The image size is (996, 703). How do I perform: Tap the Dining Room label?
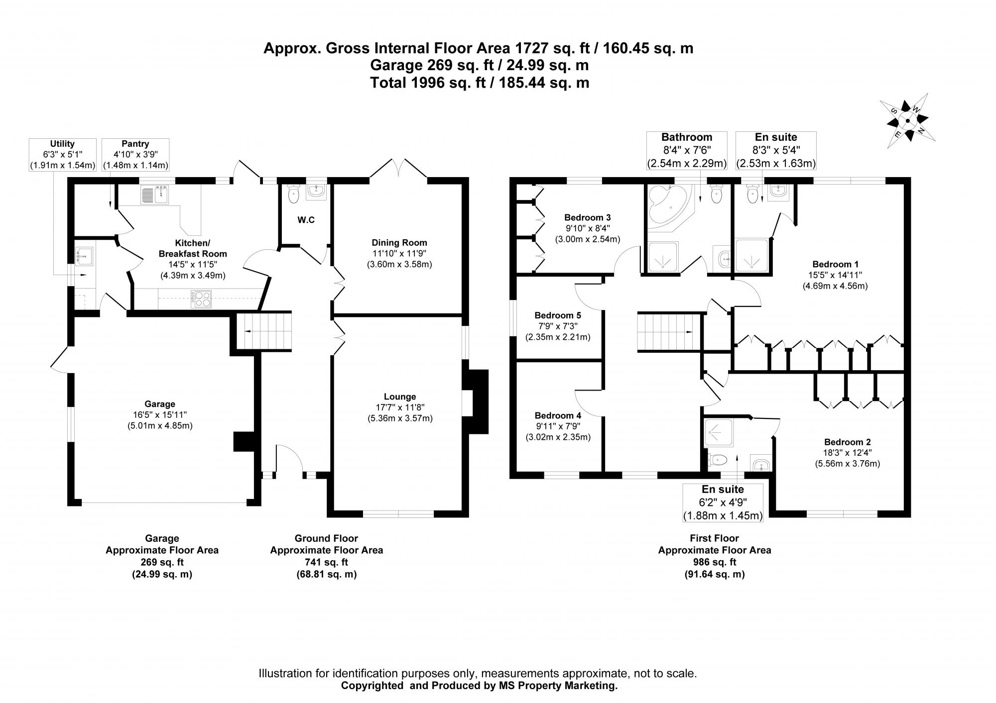[x=399, y=243]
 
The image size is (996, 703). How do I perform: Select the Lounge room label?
[x=399, y=397]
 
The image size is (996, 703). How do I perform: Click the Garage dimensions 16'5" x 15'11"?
[x=160, y=415]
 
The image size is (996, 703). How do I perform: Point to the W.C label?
[x=306, y=220]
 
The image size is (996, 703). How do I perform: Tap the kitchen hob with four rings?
[x=202, y=299]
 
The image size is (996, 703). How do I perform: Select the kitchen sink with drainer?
[x=155, y=195]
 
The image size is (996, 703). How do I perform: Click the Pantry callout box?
[x=135, y=154]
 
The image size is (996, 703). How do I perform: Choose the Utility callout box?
[x=62, y=154]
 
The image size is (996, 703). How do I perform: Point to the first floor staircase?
[x=665, y=332]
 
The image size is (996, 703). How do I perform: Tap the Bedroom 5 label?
[x=557, y=315]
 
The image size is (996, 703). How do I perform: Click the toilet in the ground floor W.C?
[x=293, y=194]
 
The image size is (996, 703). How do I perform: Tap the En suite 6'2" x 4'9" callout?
[x=722, y=502]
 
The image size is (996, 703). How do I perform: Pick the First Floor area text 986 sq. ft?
[x=715, y=562]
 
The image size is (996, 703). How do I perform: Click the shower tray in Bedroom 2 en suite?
[x=718, y=433]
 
